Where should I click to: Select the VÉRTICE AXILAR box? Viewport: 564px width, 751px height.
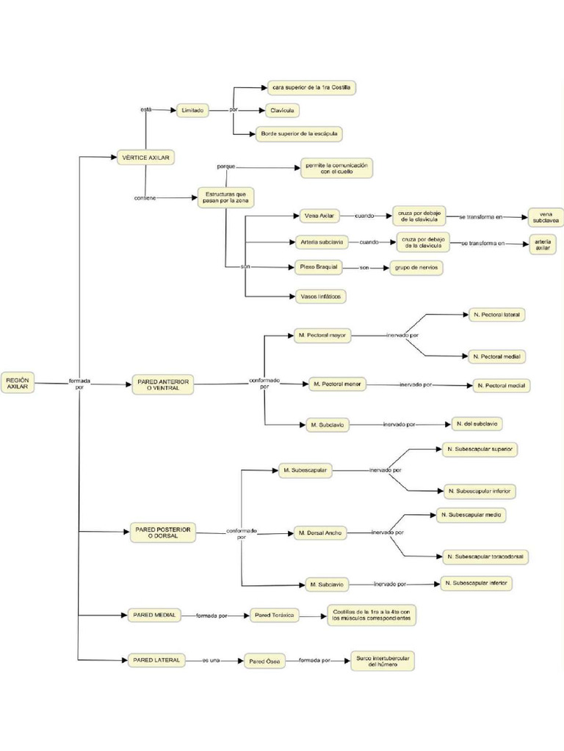point(145,158)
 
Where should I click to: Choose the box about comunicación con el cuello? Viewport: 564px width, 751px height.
point(336,168)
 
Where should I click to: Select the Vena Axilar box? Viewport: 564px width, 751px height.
point(318,216)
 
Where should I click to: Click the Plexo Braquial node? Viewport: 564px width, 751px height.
point(318,268)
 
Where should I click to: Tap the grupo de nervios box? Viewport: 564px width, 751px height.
point(416,268)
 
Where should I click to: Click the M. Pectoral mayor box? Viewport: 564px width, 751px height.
point(322,335)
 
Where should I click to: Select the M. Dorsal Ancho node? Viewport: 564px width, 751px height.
point(319,532)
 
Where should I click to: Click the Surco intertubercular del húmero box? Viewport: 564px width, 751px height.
point(382,660)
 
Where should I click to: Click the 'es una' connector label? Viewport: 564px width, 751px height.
point(211,661)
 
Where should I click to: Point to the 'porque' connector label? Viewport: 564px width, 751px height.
point(226,166)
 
